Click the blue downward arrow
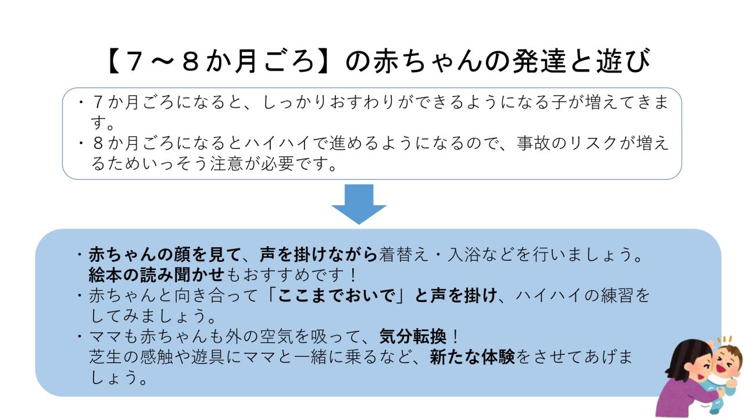tap(359, 204)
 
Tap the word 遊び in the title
tap(623, 61)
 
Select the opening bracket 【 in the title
tap(115, 61)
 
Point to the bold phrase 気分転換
tap(413, 336)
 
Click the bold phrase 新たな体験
tap(472, 357)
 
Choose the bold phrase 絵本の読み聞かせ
tap(156, 275)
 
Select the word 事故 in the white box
tap(534, 143)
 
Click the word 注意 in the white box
tap(227, 164)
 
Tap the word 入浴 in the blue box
tap(464, 254)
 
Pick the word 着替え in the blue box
tap(403, 254)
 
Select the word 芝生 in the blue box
tap(106, 357)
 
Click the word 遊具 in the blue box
tap(208, 357)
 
